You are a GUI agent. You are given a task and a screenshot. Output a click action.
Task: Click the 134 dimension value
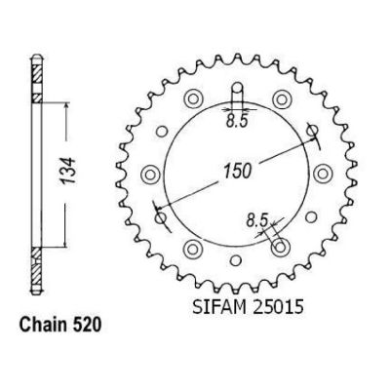[69, 171]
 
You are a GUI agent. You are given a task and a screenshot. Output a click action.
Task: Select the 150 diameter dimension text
[238, 171]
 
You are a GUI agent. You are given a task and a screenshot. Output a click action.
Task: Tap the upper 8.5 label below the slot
[237, 122]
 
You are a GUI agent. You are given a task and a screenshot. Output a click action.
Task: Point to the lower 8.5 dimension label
[256, 221]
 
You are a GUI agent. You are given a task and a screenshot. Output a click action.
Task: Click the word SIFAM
[219, 307]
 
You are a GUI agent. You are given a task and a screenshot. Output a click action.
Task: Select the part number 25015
[278, 307]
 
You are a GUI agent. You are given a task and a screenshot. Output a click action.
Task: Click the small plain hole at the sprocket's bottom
[237, 260]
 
